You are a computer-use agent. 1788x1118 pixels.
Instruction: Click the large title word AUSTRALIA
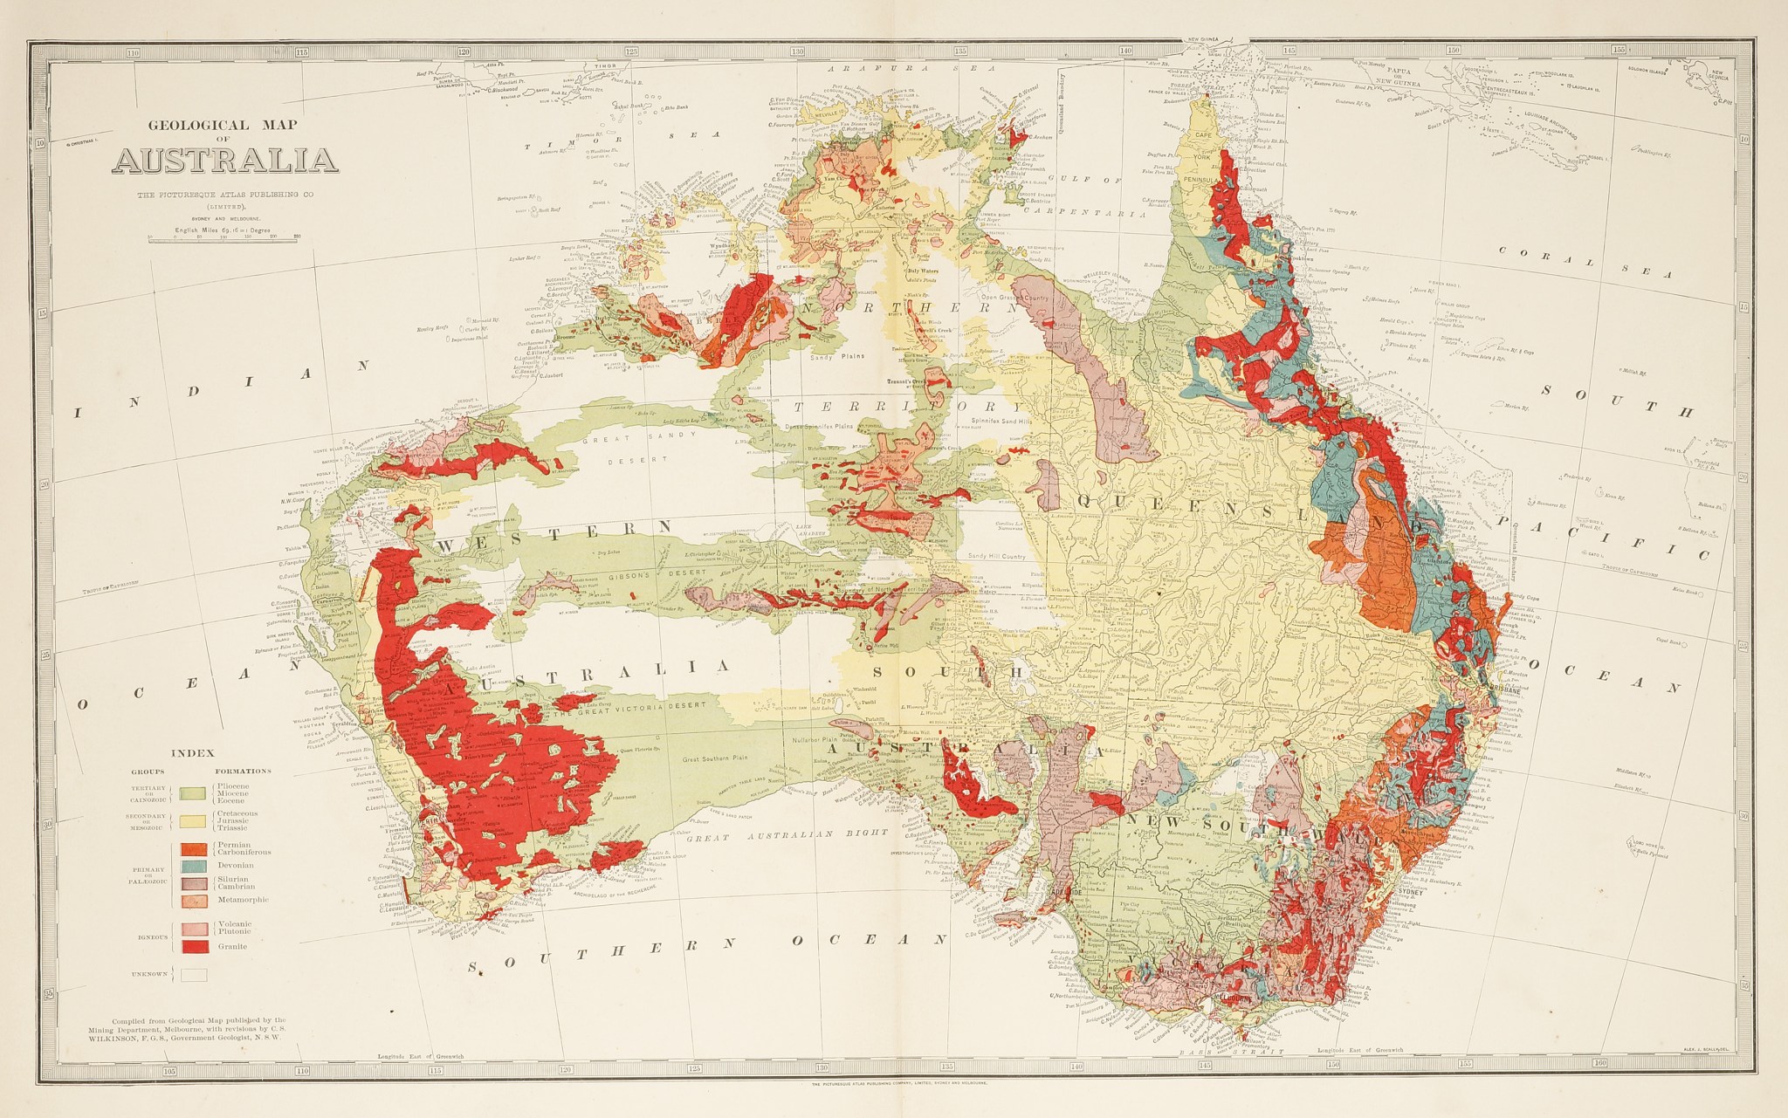pyautogui.click(x=224, y=161)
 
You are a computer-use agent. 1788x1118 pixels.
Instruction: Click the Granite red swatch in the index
pyautogui.click(x=195, y=946)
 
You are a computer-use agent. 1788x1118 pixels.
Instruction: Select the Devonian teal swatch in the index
pyautogui.click(x=195, y=866)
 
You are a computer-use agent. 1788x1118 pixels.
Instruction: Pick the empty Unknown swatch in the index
pyautogui.click(x=195, y=974)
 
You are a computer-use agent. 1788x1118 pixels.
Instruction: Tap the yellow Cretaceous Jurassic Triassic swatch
pyautogui.click(x=195, y=820)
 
